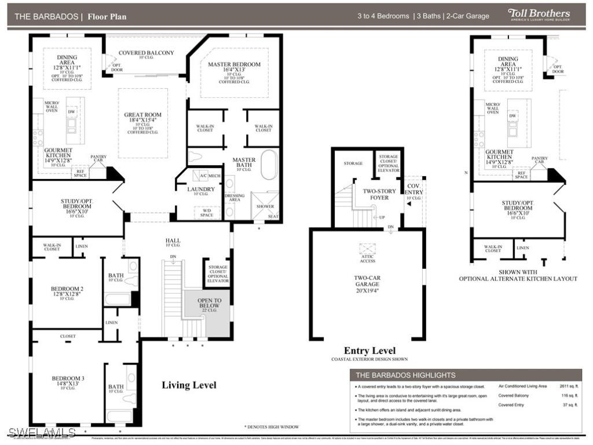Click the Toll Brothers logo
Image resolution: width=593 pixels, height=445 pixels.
coord(539,14)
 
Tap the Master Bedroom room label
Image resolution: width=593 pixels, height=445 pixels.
coord(234,68)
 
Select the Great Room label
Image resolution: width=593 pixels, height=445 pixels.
coord(142,118)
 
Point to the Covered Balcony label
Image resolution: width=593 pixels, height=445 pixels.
coord(146,53)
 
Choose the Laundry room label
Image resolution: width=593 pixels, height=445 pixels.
coord(201,189)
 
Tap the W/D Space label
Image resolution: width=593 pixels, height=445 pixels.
coord(206,213)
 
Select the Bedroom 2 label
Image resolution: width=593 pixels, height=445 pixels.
coord(67,291)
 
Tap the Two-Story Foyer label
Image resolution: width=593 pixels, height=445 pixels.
coord(379,194)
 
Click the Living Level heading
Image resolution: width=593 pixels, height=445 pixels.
coord(189,385)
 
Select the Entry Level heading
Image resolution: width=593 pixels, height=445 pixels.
coord(369,351)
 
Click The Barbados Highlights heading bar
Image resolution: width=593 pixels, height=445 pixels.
coord(466,375)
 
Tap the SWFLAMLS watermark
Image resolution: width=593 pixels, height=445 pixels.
coord(42,432)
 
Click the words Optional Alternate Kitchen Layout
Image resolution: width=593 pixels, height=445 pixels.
coord(518,279)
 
